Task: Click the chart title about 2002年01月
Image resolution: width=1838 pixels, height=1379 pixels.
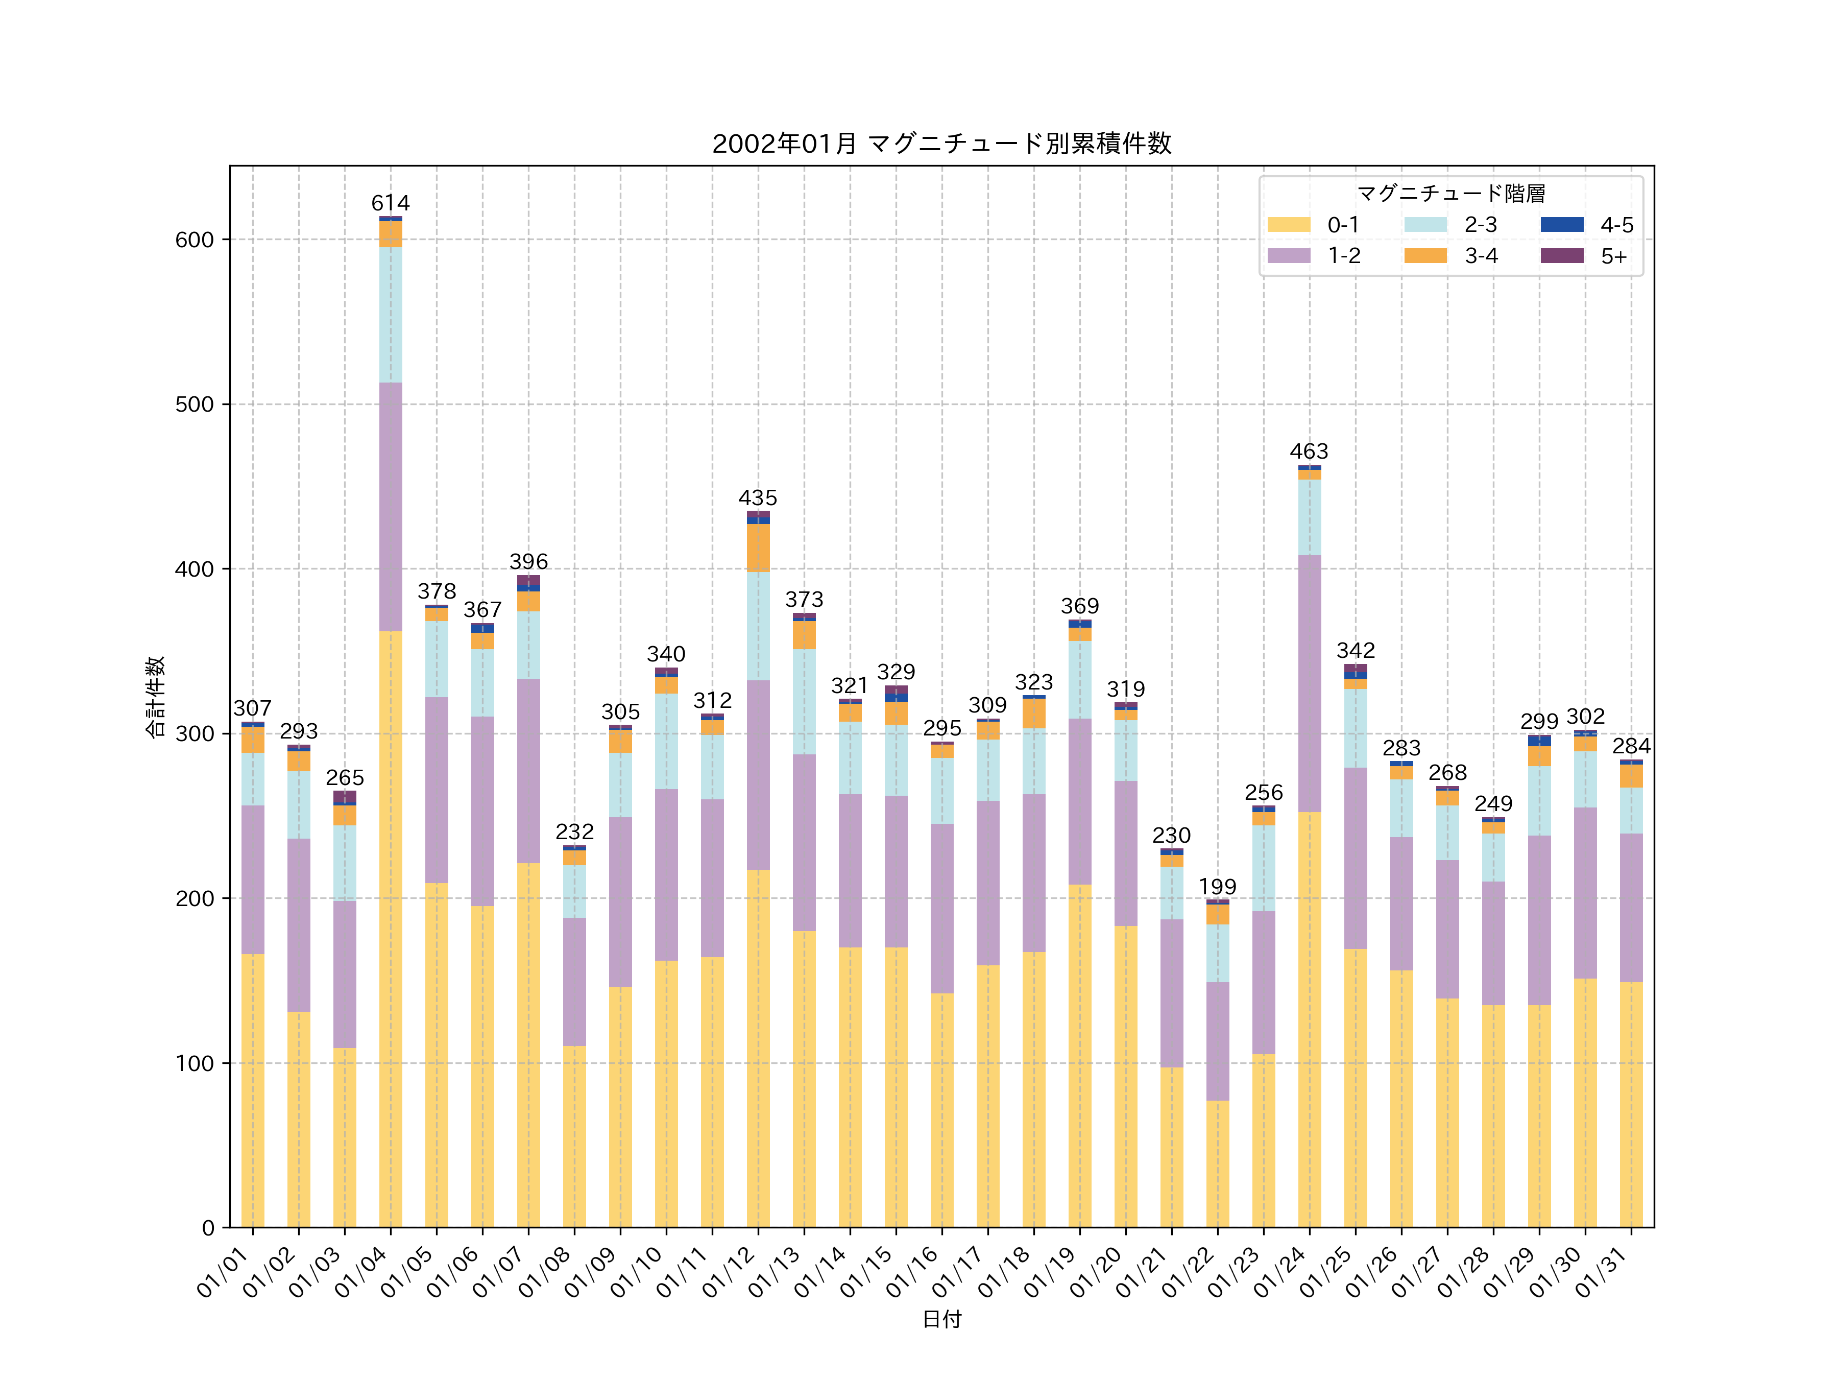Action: [x=941, y=144]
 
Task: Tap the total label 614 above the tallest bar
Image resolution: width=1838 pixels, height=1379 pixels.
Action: [x=391, y=204]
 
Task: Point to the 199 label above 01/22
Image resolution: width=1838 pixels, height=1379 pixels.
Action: [x=1217, y=887]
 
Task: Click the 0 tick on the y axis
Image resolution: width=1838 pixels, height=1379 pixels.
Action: [x=208, y=1228]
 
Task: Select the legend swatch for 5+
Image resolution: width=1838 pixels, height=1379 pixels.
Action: [x=1562, y=256]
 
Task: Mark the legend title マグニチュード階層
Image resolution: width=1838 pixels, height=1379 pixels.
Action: [x=1451, y=194]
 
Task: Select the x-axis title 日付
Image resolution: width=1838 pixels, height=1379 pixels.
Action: [x=941, y=1319]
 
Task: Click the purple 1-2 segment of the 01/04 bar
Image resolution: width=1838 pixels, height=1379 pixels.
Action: [x=391, y=507]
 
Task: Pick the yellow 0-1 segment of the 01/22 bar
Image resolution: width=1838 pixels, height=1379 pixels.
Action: [x=1217, y=1163]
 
